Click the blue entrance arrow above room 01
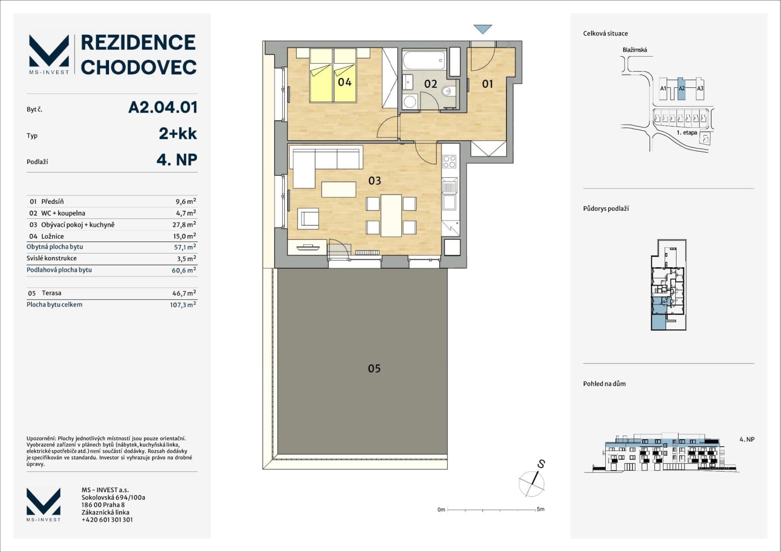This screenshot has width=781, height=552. click(x=482, y=29)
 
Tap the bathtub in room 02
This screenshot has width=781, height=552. click(x=424, y=60)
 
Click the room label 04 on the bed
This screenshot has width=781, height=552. click(x=345, y=82)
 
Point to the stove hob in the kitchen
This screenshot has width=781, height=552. click(x=449, y=161)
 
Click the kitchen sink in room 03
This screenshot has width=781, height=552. click(x=449, y=187)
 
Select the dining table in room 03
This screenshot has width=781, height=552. click(x=391, y=215)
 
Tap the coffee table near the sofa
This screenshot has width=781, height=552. click(x=339, y=190)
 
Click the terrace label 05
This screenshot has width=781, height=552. click(x=374, y=368)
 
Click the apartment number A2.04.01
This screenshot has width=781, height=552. click(x=163, y=107)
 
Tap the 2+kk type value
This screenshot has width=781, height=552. click(x=178, y=133)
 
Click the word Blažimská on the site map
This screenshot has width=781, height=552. click(x=634, y=50)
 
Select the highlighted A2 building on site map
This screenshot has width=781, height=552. click(x=682, y=89)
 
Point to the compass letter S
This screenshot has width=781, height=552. click(x=541, y=464)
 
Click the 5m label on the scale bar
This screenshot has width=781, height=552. click(x=540, y=509)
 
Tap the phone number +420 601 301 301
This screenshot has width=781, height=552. click(x=107, y=520)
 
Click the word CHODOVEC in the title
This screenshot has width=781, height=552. click(x=139, y=67)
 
